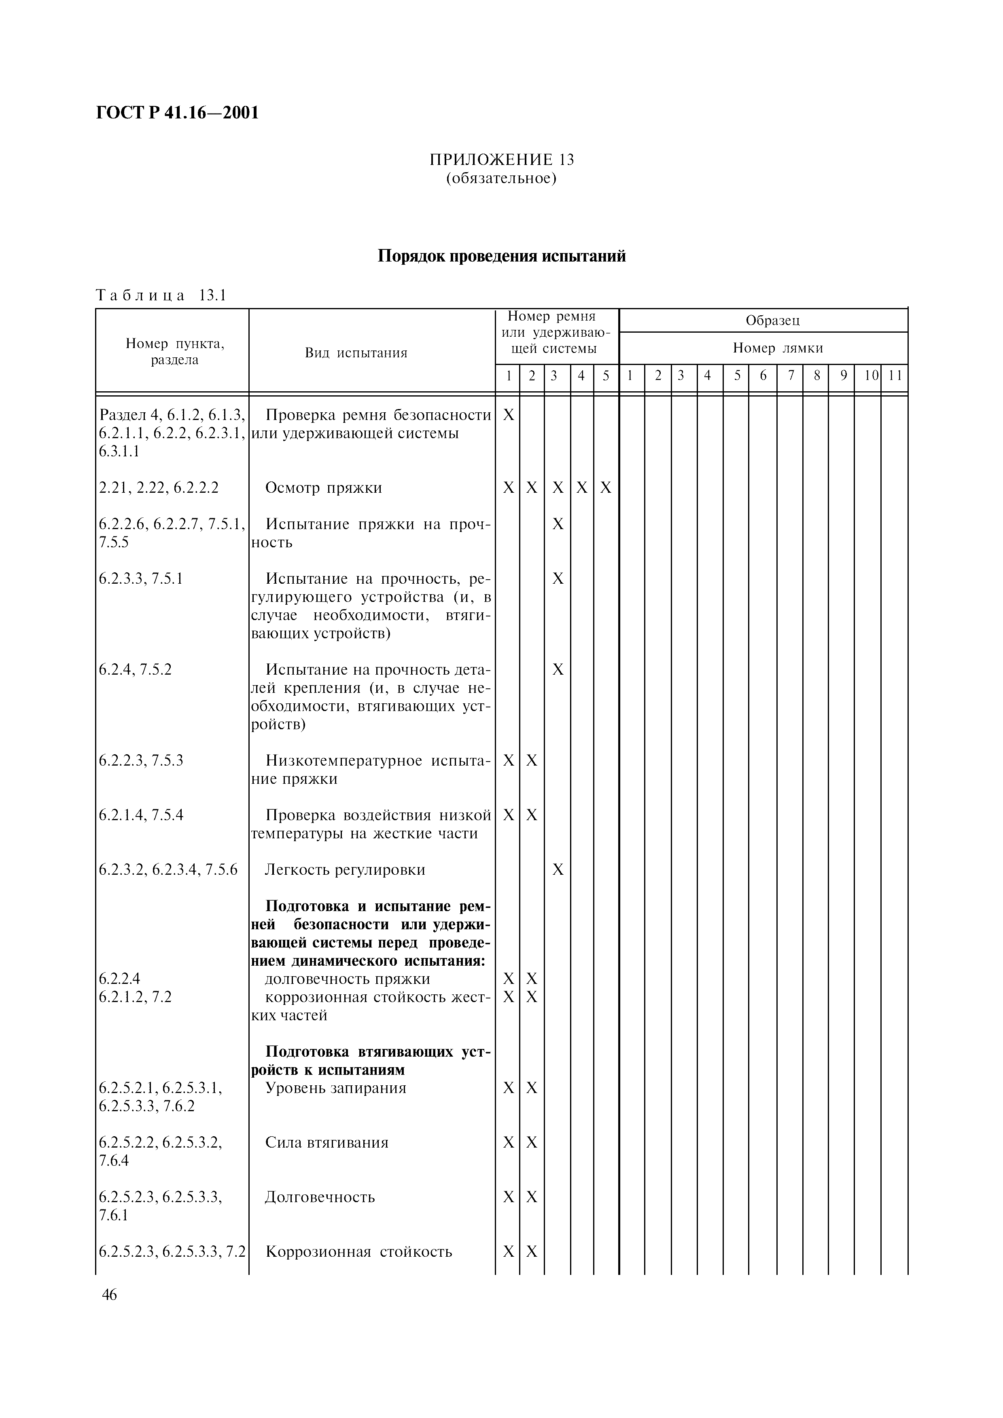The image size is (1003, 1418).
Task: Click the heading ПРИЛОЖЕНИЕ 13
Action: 501,159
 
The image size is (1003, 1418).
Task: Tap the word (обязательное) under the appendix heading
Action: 501,179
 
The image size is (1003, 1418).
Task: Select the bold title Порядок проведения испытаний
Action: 501,256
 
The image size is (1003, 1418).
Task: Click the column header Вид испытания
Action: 356,352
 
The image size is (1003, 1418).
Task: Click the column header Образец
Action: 772,320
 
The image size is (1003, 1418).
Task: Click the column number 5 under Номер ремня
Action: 606,375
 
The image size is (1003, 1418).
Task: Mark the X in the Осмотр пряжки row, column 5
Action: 606,488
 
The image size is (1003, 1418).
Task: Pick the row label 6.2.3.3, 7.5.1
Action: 141,579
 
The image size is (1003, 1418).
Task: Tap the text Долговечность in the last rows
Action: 320,1197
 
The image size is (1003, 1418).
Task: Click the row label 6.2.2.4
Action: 119,979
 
